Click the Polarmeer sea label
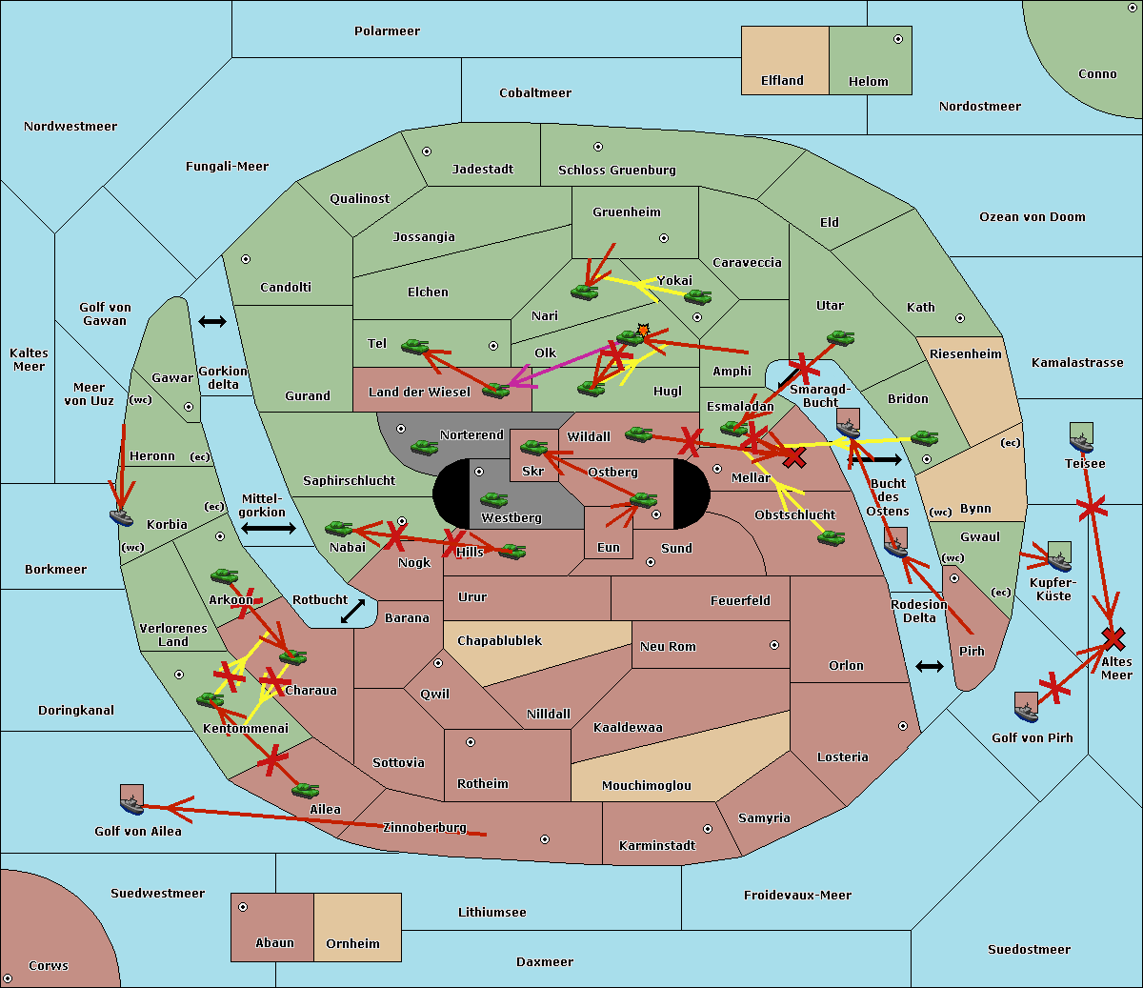pos(387,31)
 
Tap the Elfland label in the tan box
pos(782,81)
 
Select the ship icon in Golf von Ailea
pos(131,800)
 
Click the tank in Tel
pos(414,347)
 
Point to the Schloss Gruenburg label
pos(616,170)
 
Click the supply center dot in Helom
pos(898,39)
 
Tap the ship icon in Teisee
pos(1081,437)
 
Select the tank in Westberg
pos(493,499)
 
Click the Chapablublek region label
pos(499,640)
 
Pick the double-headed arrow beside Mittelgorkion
pos(269,528)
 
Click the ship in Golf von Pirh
pos(1026,707)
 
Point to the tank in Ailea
pos(305,790)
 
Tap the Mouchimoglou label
pos(647,785)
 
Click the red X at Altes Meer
pos(1113,639)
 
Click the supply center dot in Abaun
pos(243,907)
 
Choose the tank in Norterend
pos(424,447)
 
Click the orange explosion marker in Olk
pos(643,331)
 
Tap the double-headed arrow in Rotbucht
pos(352,612)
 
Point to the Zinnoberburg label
pos(425,827)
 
